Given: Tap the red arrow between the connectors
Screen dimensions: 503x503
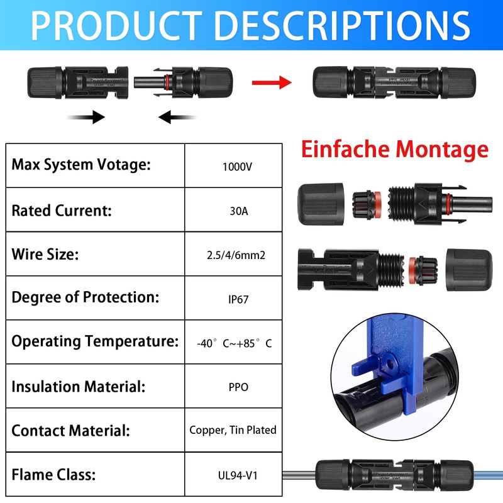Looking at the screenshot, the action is pos(272,82).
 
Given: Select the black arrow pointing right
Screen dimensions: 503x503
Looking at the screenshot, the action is pos(86,117).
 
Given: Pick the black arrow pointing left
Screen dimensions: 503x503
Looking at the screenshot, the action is pos(177,117).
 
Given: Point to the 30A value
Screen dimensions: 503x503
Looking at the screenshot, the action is pos(239,211).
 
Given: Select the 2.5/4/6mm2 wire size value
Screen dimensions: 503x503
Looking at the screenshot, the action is pos(236,255).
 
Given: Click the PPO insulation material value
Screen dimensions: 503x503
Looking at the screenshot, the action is pos(238,387).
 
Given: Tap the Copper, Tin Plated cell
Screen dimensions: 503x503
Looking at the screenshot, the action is pos(233,430).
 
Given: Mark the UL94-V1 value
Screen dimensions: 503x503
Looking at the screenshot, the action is pos(238,475).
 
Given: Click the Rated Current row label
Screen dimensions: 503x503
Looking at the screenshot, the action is pos(62,211).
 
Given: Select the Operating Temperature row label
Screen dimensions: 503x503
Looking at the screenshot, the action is pos(95,341).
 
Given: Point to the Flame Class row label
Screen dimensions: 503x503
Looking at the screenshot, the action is pos(53,475).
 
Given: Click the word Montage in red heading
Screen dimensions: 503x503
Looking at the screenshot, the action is pos(442,150).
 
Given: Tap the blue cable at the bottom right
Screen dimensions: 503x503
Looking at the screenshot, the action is pos(488,475).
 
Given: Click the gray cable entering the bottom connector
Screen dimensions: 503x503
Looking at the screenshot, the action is pos(299,475).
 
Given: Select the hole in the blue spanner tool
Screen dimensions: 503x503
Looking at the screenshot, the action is pos(390,364).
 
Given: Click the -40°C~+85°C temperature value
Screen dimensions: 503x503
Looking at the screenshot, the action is pos(234,343).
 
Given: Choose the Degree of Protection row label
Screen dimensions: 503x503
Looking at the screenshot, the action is pos(86,297).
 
